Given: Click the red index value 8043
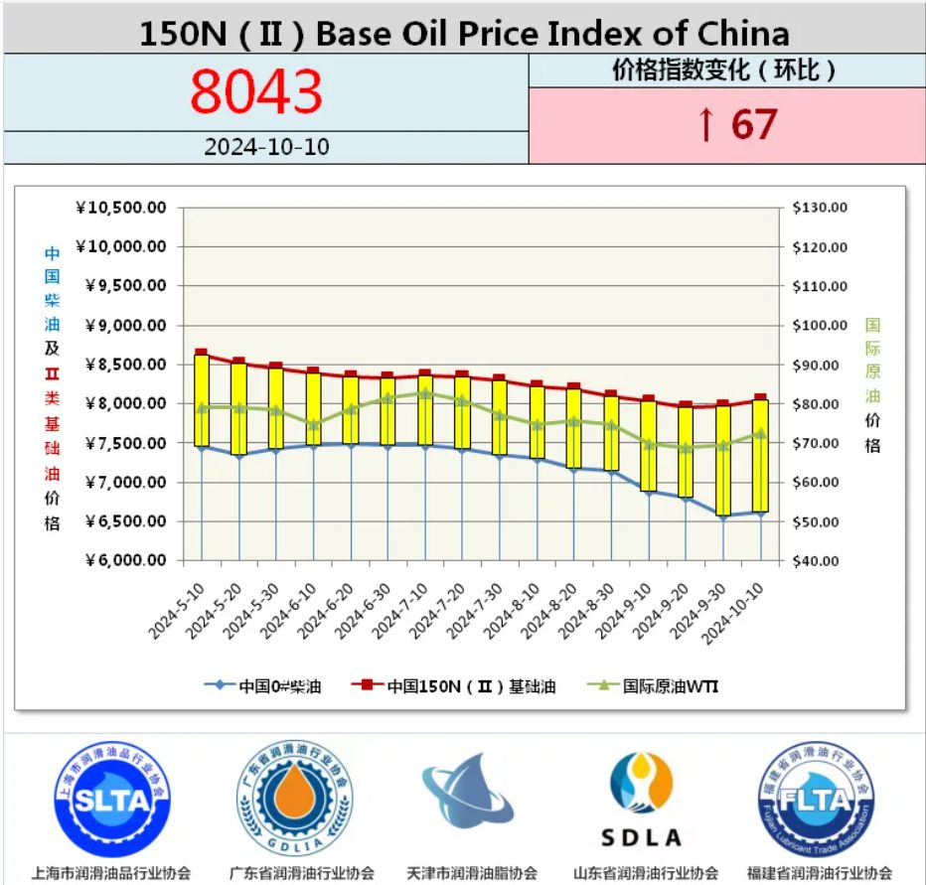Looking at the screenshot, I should coord(256,92).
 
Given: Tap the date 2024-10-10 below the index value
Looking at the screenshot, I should coord(266,147).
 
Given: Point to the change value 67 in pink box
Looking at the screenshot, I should coord(736,125).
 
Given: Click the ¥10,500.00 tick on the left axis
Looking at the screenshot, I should coord(120,208).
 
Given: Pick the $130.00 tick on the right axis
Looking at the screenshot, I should coord(820,208).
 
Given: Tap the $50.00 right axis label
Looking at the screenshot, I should coord(820,521).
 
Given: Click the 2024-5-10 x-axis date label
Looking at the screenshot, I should coord(179,613).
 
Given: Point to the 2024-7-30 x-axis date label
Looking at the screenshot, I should coord(476,613).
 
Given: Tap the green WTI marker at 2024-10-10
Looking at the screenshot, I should coord(761,434).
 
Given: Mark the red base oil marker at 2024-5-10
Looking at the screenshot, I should coord(202,353).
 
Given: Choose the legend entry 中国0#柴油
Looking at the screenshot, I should coord(262,685).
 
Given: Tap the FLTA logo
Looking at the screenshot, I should coord(817,800).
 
